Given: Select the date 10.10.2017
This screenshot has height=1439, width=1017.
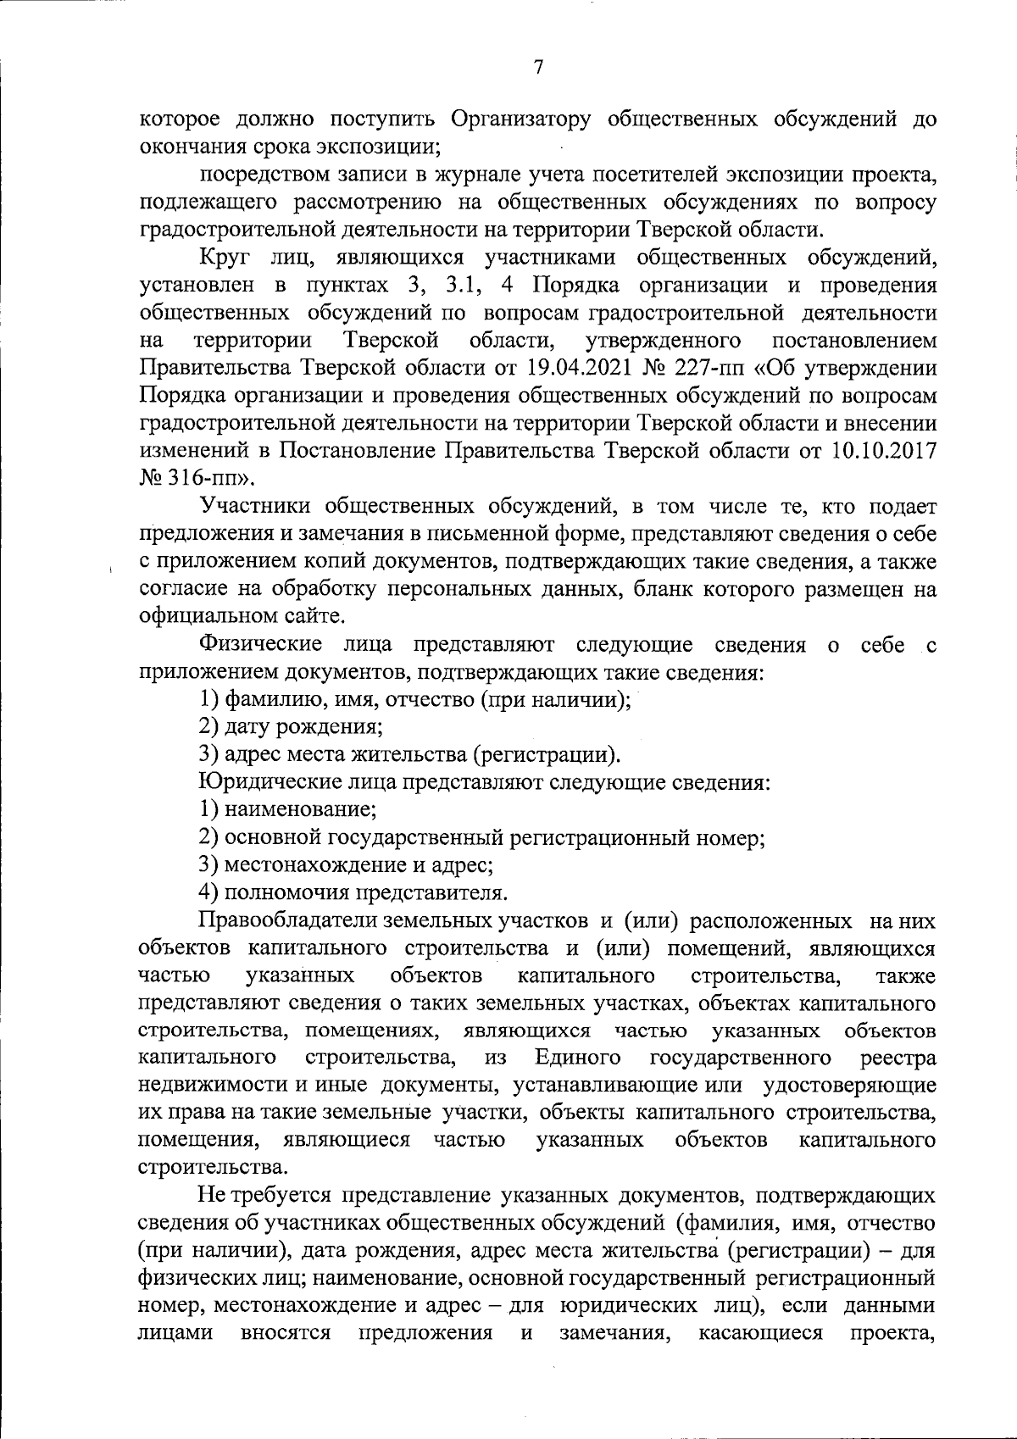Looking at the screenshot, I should (x=884, y=451).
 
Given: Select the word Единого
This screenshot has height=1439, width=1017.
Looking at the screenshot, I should (x=578, y=1058).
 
